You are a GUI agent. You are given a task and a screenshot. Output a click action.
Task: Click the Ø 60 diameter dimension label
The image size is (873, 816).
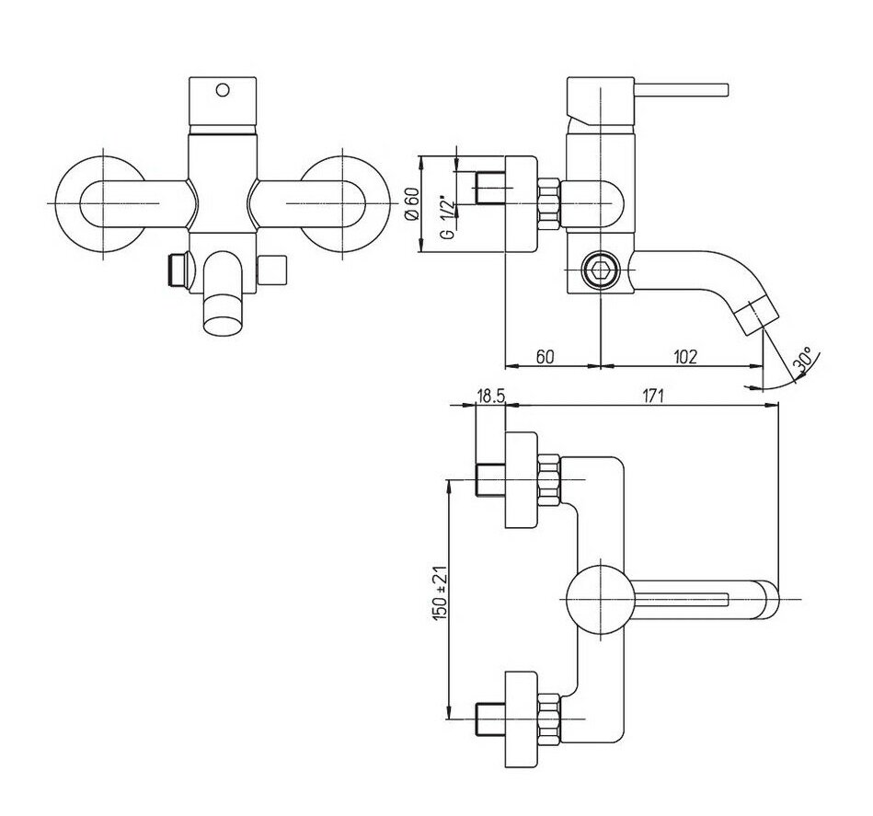412,204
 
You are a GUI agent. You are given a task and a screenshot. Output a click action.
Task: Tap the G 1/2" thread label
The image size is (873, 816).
447,217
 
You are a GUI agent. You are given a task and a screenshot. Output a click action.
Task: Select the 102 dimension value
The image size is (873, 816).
684,356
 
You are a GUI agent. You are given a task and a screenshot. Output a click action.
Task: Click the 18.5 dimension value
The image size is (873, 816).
490,396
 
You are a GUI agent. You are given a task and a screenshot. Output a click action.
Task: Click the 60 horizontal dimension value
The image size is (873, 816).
546,356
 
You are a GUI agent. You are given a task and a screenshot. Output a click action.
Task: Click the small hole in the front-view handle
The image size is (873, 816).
222,89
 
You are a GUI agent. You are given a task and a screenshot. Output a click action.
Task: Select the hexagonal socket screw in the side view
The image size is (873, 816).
599,270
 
